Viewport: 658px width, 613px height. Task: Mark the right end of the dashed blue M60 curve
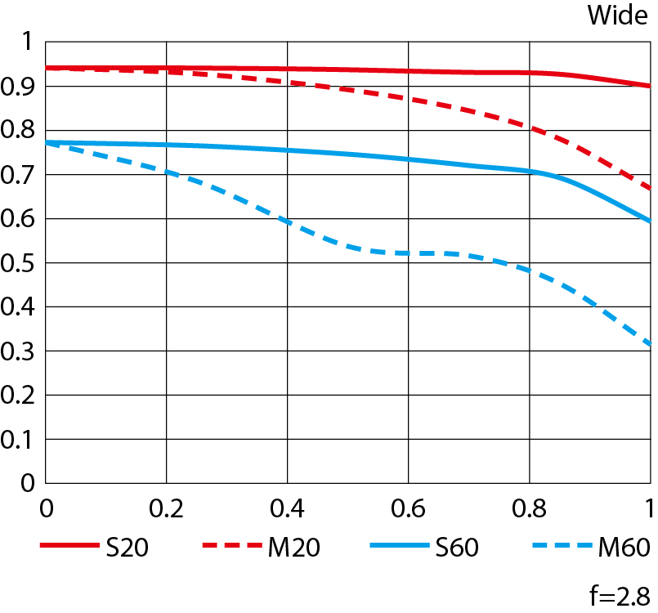tap(649, 345)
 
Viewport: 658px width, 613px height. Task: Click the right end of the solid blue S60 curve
tap(649, 221)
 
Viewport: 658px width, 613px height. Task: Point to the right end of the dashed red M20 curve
tap(649, 188)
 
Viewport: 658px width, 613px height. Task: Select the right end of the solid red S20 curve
tap(649, 86)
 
